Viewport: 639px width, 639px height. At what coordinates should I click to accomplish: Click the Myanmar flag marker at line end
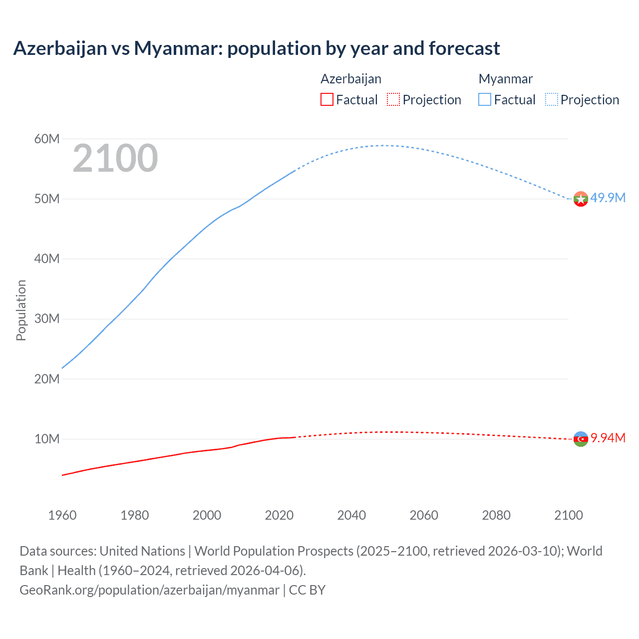pyautogui.click(x=581, y=199)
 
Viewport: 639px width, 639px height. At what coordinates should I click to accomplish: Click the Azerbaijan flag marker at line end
pyautogui.click(x=581, y=439)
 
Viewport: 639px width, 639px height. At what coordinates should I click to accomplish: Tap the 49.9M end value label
pyautogui.click(x=608, y=198)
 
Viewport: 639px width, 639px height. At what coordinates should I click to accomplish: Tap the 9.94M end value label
pyautogui.click(x=608, y=438)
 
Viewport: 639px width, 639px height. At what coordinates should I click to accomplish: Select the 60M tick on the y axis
pyautogui.click(x=47, y=139)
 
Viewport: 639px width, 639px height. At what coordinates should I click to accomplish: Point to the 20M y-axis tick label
pyautogui.click(x=47, y=379)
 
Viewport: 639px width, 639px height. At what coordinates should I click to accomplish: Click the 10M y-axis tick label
pyautogui.click(x=47, y=439)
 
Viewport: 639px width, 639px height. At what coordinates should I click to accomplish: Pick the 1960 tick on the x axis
pyautogui.click(x=62, y=515)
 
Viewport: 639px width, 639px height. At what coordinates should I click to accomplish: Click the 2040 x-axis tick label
pyautogui.click(x=351, y=515)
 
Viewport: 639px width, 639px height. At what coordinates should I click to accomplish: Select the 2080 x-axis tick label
pyautogui.click(x=496, y=515)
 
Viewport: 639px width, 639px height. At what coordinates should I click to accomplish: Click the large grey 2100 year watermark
pyautogui.click(x=115, y=158)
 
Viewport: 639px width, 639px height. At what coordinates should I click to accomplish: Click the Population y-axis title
pyautogui.click(x=21, y=310)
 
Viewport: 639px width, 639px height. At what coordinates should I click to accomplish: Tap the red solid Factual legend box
pyautogui.click(x=326, y=99)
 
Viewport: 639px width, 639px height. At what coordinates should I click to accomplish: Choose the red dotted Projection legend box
pyautogui.click(x=393, y=99)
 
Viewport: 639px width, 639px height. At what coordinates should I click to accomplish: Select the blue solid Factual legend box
pyautogui.click(x=485, y=99)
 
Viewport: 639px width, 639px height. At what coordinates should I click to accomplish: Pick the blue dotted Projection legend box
pyautogui.click(x=552, y=99)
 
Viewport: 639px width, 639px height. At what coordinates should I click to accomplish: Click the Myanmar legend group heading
pyautogui.click(x=505, y=79)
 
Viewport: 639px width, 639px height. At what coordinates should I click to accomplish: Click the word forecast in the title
pyautogui.click(x=464, y=48)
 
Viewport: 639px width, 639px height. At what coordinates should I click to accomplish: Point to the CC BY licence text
pyautogui.click(x=307, y=590)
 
